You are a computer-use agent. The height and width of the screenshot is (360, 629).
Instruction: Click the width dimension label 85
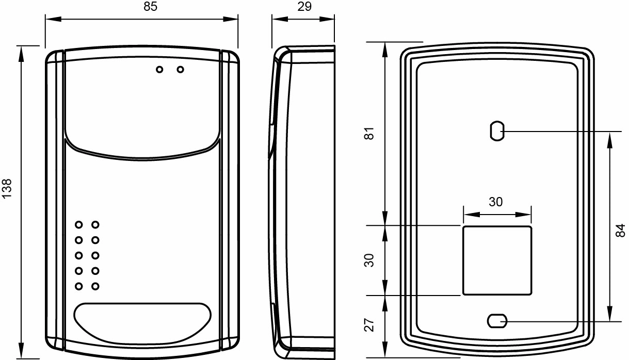point(151,7)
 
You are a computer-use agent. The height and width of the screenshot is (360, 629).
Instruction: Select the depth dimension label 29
point(304,7)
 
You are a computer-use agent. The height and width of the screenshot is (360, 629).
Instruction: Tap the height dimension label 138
point(7,189)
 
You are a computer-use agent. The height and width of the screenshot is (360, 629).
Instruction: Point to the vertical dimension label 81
point(369,133)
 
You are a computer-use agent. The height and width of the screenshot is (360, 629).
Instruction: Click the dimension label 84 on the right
point(621,231)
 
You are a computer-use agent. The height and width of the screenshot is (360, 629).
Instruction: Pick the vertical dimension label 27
point(369,325)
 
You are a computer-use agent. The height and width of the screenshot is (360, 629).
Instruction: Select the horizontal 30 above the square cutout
point(496,202)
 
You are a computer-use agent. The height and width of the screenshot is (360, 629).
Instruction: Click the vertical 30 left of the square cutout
point(369,260)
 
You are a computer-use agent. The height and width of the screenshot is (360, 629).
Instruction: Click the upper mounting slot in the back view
point(497,131)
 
